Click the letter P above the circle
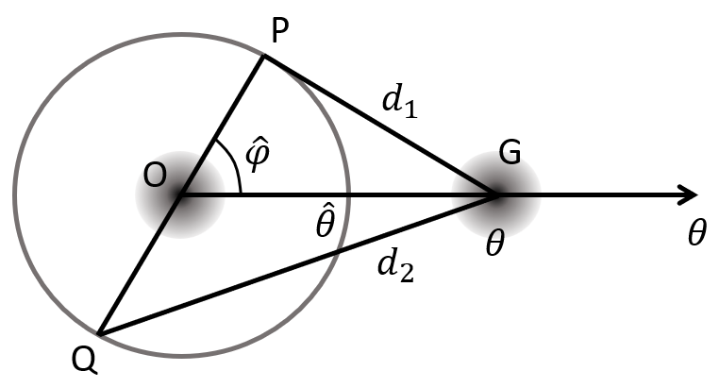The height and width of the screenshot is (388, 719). pyautogui.click(x=279, y=33)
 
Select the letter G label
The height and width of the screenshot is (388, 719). pyautogui.click(x=510, y=155)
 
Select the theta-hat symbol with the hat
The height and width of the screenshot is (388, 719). pyautogui.click(x=326, y=224)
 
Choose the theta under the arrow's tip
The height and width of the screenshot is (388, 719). pyautogui.click(x=695, y=232)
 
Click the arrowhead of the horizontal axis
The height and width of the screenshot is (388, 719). pyautogui.click(x=689, y=195)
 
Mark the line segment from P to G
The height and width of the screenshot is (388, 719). pyautogui.click(x=377, y=124)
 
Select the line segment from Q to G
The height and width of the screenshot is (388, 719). pyautogui.click(x=302, y=262)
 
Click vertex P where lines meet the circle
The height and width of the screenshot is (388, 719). pyautogui.click(x=263, y=56)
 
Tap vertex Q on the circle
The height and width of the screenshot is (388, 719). pyautogui.click(x=98, y=332)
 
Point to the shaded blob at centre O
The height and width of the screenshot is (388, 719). pyautogui.click(x=179, y=195)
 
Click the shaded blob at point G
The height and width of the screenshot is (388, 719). pyautogui.click(x=497, y=195)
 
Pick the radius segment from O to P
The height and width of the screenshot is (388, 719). pyautogui.click(x=222, y=125)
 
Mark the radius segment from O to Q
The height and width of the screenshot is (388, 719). pyautogui.click(x=139, y=264)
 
